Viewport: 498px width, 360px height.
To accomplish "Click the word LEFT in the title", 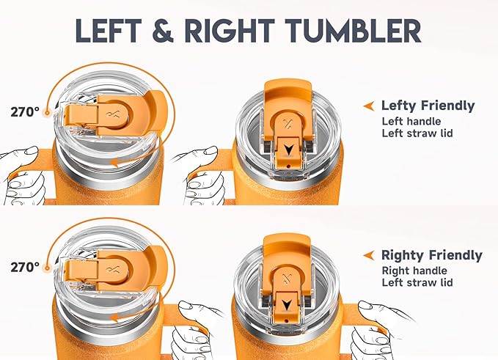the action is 109,31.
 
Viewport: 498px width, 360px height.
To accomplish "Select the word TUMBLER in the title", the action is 353,31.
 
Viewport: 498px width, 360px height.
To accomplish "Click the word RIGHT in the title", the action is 230,31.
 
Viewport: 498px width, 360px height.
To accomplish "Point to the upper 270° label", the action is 25,111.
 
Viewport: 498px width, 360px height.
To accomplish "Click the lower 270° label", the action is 25,268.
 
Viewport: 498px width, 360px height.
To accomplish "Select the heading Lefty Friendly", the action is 428,106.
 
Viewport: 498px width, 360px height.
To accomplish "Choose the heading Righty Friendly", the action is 432,255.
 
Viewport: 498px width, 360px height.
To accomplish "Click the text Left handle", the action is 411,121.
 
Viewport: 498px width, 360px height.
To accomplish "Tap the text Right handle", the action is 414,271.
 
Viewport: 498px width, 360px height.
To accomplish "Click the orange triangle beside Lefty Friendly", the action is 369,106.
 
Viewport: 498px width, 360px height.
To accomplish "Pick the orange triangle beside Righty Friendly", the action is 369,255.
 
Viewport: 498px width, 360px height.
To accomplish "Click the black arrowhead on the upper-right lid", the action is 288,150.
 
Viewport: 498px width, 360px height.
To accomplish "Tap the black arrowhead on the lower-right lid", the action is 287,305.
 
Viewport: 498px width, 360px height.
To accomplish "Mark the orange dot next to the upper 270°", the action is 48,112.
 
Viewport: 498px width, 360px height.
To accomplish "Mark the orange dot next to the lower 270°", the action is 48,268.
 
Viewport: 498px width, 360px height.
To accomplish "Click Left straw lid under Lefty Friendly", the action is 417,133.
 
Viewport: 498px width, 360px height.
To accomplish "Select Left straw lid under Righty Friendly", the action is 417,282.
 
